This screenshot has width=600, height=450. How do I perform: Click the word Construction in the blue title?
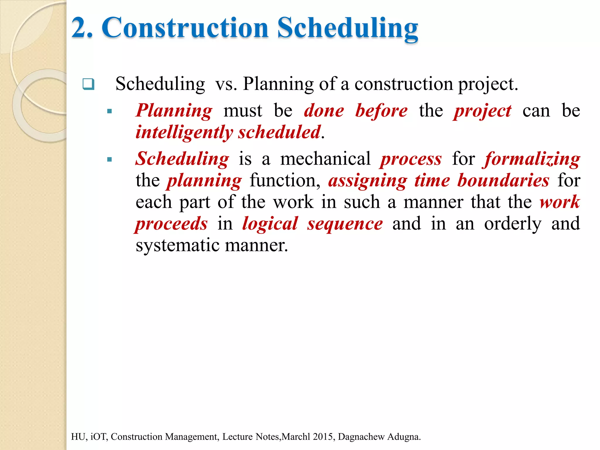[185, 28]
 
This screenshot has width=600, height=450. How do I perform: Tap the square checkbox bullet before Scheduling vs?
[88, 84]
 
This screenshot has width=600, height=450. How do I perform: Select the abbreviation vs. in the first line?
[226, 84]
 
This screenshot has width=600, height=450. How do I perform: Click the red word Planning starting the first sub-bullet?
[174, 111]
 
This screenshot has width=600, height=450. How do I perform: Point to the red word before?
[381, 111]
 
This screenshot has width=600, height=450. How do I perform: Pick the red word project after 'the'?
[483, 111]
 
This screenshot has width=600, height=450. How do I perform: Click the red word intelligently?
[184, 132]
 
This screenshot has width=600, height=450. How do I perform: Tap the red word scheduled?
[279, 132]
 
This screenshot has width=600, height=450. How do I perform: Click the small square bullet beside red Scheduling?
[110, 160]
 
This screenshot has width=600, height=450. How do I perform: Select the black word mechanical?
[325, 159]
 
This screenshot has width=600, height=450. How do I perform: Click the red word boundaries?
[503, 180]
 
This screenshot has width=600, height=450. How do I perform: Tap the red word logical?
[270, 224]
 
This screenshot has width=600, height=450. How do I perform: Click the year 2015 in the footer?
[324, 437]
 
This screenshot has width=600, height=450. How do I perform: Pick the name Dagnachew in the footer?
[361, 437]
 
